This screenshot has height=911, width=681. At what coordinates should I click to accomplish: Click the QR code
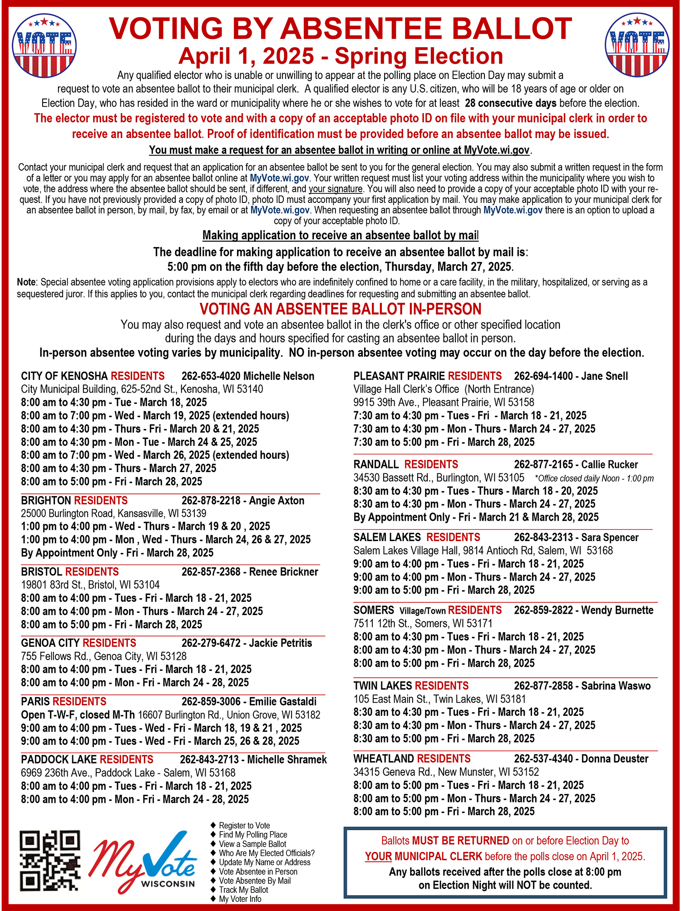[50, 860]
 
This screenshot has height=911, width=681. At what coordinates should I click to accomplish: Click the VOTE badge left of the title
[44, 45]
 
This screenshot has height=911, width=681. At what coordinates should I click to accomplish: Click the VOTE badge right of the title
[637, 45]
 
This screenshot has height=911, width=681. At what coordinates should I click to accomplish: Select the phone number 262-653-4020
[211, 376]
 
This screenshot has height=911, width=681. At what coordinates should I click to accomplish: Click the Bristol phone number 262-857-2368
[211, 572]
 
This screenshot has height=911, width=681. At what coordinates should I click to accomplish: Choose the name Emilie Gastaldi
[282, 702]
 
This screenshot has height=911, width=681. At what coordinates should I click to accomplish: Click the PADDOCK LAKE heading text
[59, 760]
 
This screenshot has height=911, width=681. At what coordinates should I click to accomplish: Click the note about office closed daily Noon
[594, 478]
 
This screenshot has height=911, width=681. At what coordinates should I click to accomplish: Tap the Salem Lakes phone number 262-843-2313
[543, 537]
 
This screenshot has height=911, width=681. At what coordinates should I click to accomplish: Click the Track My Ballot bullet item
[243, 890]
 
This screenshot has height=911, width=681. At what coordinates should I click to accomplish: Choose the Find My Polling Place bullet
[253, 835]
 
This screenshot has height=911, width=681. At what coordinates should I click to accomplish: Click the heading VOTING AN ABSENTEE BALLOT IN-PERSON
[340, 309]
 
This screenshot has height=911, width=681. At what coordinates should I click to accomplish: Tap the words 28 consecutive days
[511, 103]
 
